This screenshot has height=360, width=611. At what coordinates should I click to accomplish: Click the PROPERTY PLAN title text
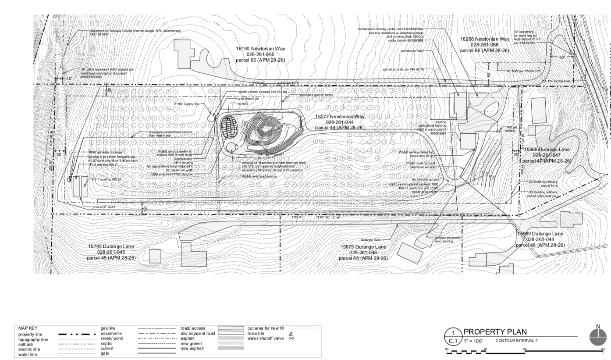[x=495, y=331]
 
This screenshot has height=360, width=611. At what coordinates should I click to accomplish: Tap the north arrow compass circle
[x=598, y=337]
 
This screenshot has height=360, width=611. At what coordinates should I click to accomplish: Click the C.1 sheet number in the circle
[x=452, y=341]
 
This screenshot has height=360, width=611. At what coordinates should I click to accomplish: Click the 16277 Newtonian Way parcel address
[x=340, y=117]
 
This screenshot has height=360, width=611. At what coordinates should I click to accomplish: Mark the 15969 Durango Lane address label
[x=540, y=234]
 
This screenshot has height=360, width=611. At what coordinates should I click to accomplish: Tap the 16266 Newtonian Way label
[x=485, y=39]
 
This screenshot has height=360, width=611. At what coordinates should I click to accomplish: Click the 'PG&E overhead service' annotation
[x=259, y=176]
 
